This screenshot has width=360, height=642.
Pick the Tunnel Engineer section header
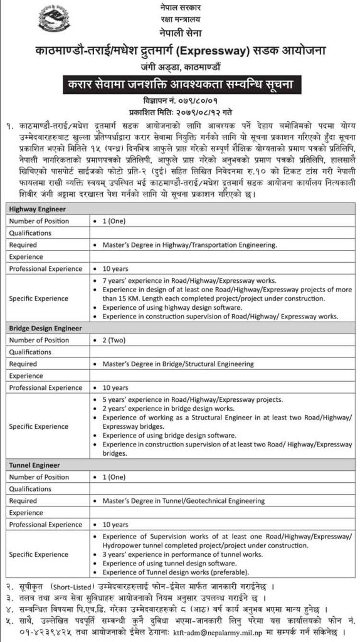coord(34,465)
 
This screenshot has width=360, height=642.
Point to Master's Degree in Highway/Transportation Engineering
coord(188,245)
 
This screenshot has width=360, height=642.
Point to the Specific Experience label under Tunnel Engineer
coord(39,554)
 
